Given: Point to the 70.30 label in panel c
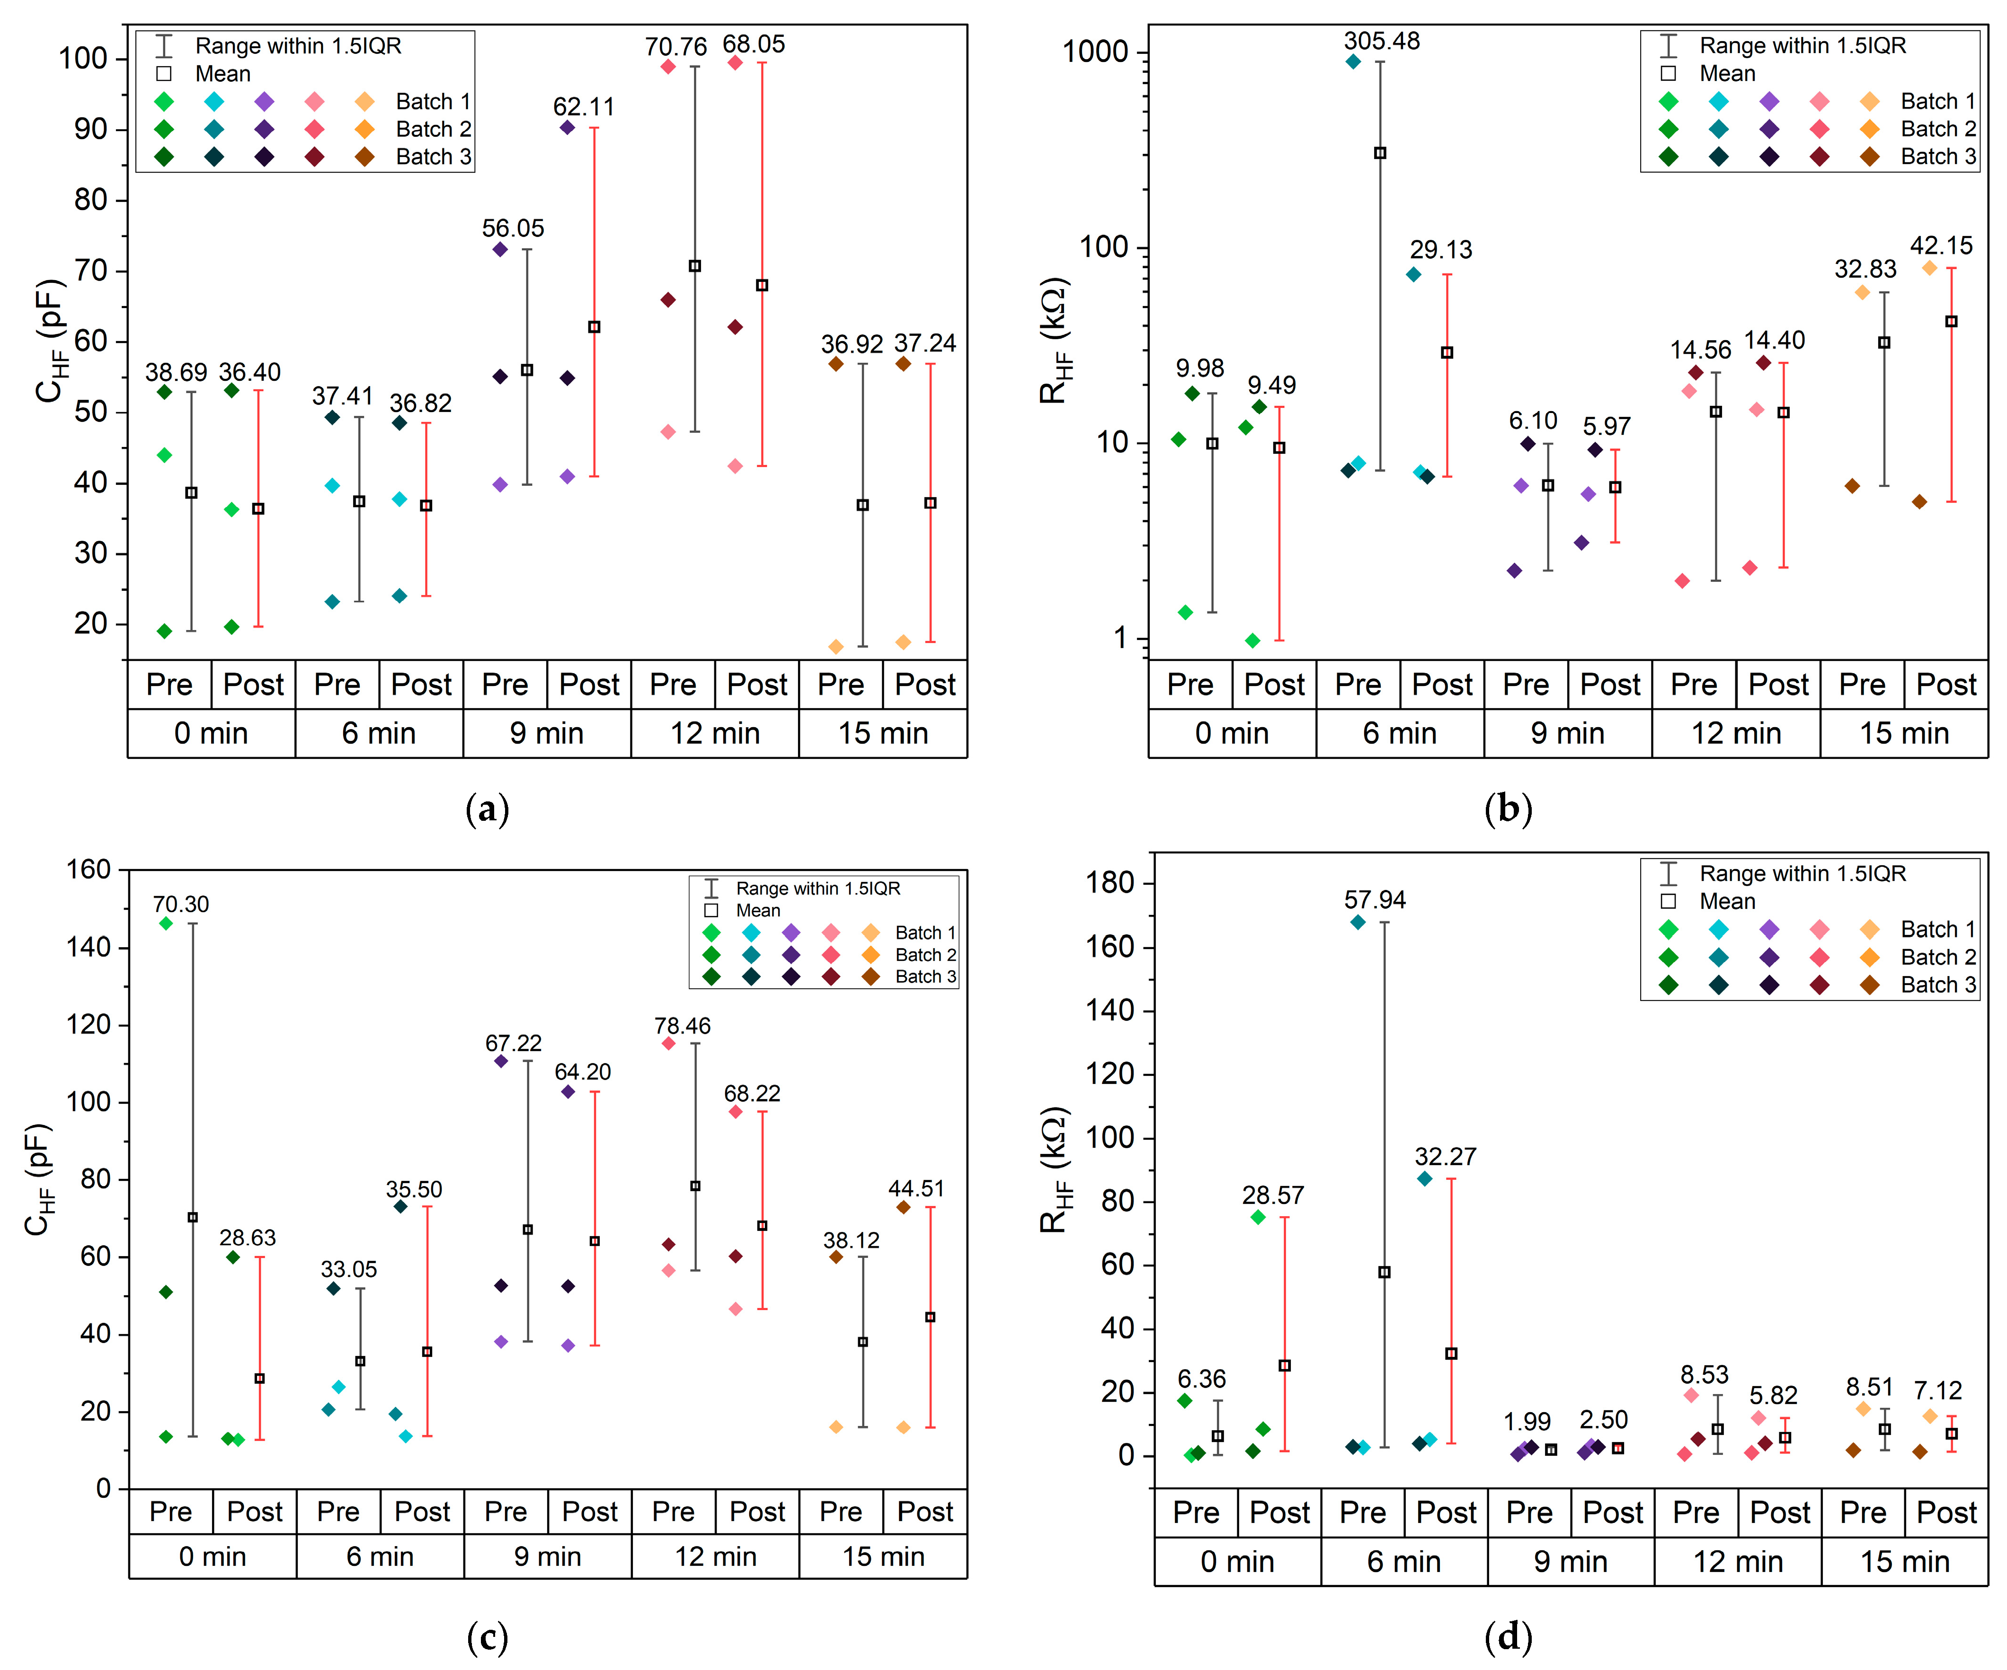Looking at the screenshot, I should click(181, 904).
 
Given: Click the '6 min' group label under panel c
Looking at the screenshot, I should click(380, 1556).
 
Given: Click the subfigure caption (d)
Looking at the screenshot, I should click(1508, 1636).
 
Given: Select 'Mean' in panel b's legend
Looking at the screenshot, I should click(1727, 73).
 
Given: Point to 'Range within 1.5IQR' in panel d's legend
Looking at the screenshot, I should click(1802, 873).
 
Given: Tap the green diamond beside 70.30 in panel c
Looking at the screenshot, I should click(166, 923).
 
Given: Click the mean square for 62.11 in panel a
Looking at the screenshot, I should click(594, 327).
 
